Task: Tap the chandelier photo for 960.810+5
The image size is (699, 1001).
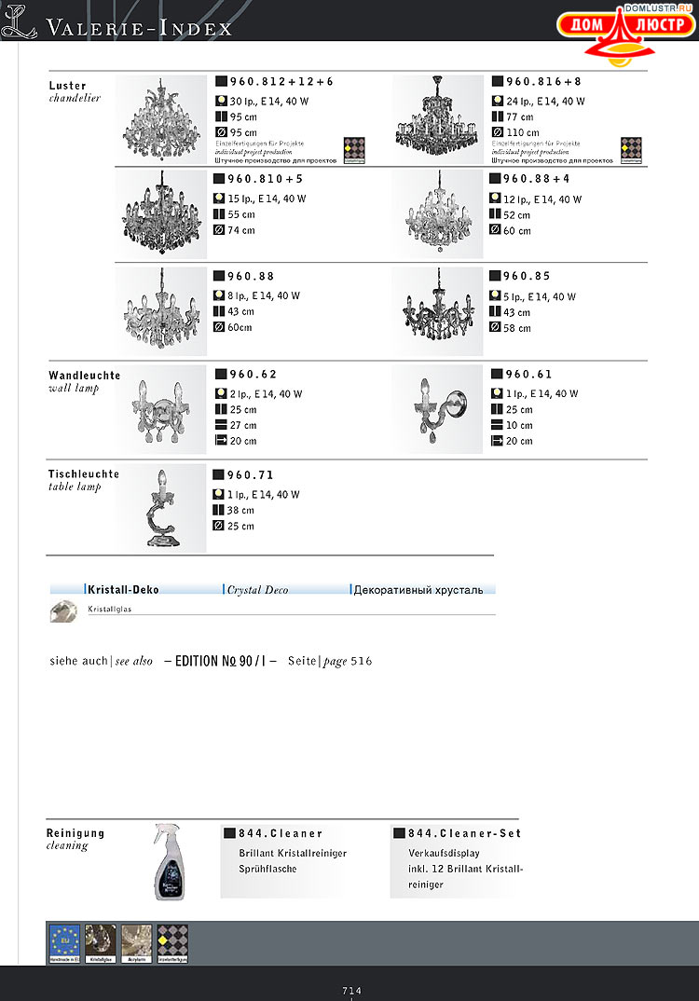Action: tap(161, 214)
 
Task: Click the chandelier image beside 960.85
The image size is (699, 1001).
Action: tap(438, 311)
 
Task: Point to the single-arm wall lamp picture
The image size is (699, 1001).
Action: tap(438, 408)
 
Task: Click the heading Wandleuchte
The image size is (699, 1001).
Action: tap(84, 376)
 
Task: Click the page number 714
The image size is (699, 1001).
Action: tap(351, 991)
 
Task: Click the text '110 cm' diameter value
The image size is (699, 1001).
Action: tap(523, 132)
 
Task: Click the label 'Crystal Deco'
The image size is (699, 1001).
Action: tap(258, 590)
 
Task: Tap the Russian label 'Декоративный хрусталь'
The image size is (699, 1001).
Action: tap(418, 590)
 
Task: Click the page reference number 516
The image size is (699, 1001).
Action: tap(362, 661)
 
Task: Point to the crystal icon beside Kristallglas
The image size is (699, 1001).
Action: tap(62, 611)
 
